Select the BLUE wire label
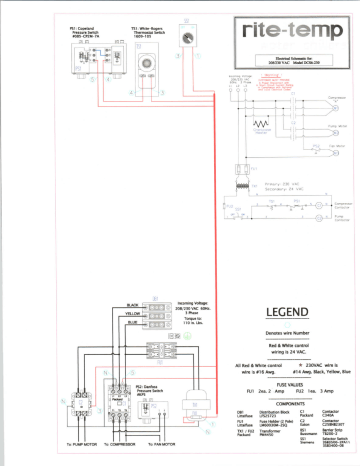click(x=133, y=321)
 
